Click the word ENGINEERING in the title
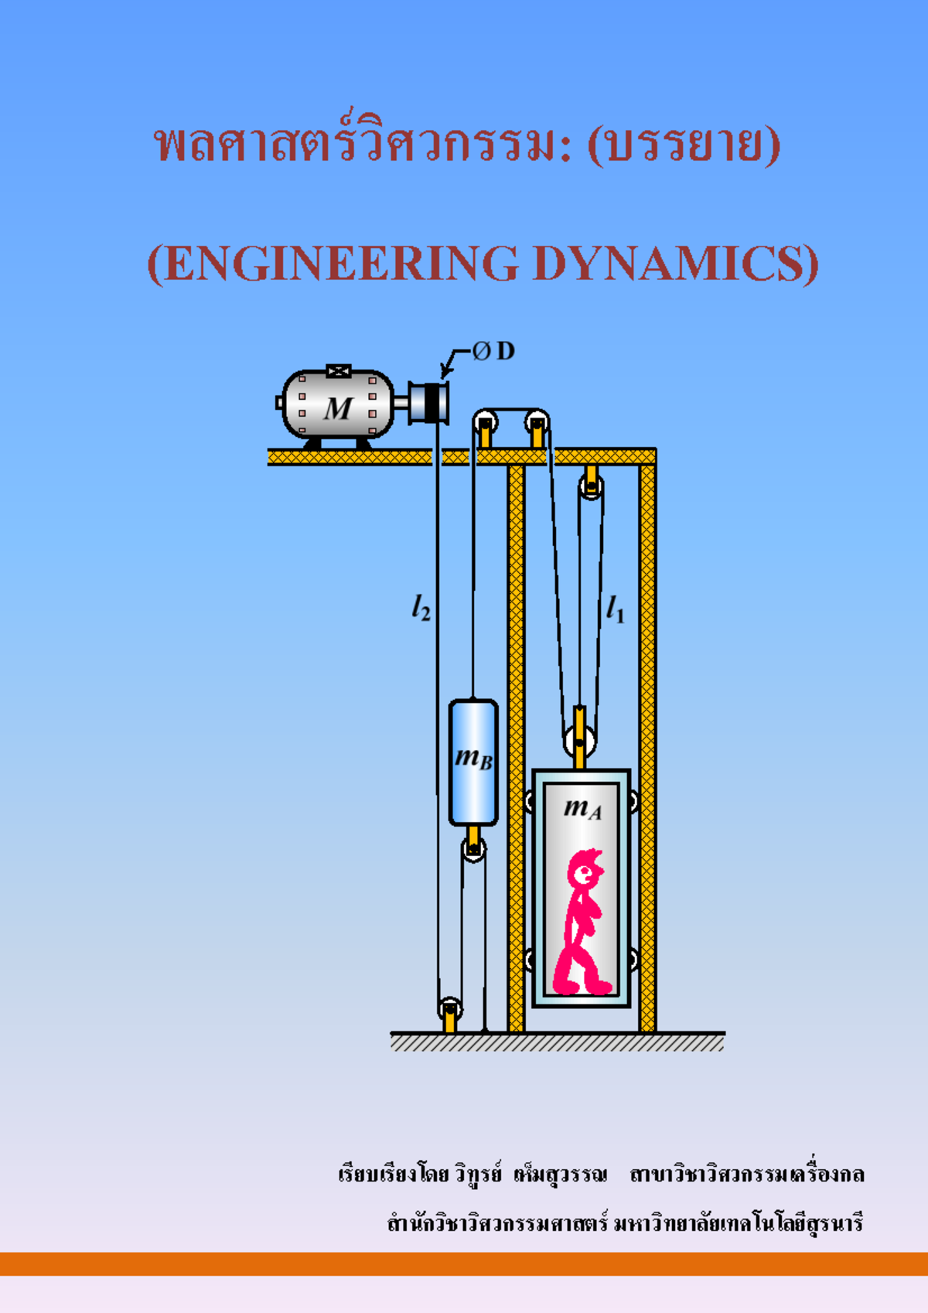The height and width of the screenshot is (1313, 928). click(x=340, y=264)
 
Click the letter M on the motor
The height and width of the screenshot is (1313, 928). click(x=338, y=408)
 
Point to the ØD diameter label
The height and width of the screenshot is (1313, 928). click(x=494, y=352)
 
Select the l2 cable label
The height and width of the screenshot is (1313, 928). click(x=421, y=609)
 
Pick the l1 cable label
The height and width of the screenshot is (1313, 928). click(x=615, y=609)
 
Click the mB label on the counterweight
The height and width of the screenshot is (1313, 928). click(x=473, y=758)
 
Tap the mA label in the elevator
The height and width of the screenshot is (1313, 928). click(x=582, y=808)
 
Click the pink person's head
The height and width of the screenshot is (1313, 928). click(x=585, y=871)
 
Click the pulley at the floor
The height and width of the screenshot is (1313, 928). click(x=450, y=1008)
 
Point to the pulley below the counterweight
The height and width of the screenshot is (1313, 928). click(x=473, y=849)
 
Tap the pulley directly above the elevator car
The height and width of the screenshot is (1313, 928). click(x=580, y=742)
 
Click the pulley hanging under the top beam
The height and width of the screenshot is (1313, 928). click(x=591, y=487)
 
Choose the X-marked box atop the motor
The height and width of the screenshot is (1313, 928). click(x=339, y=371)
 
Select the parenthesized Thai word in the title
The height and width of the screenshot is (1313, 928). click(x=684, y=145)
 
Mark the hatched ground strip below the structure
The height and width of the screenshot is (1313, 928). click(x=557, y=1043)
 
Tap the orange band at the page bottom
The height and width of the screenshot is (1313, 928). click(x=464, y=1264)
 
